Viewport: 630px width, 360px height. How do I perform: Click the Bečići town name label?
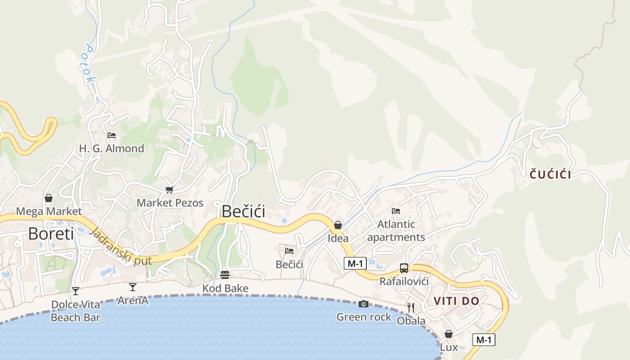[243, 211]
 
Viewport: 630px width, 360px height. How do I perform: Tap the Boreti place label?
[51, 234]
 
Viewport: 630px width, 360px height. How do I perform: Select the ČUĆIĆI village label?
[550, 175]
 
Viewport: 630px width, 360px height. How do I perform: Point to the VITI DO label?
[456, 301]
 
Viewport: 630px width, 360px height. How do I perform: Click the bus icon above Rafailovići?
[404, 268]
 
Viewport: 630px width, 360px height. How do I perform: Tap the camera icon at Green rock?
[364, 304]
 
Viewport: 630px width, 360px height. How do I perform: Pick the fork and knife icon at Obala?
[410, 308]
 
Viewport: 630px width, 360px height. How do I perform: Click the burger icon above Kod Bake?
[225, 275]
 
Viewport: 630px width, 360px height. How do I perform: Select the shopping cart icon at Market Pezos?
[170, 190]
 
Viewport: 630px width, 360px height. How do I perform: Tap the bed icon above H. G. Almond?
[112, 135]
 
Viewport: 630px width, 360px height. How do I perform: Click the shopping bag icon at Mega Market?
[49, 198]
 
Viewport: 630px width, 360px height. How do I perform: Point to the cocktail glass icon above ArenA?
[133, 287]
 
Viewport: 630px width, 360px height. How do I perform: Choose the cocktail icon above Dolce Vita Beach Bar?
[76, 291]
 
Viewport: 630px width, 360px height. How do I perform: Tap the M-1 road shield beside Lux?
[484, 340]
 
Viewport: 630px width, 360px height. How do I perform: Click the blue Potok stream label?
[89, 63]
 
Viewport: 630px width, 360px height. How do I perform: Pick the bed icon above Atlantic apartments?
[396, 211]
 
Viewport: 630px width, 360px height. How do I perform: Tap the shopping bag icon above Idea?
[338, 225]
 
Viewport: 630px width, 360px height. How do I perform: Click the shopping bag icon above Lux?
[449, 334]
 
